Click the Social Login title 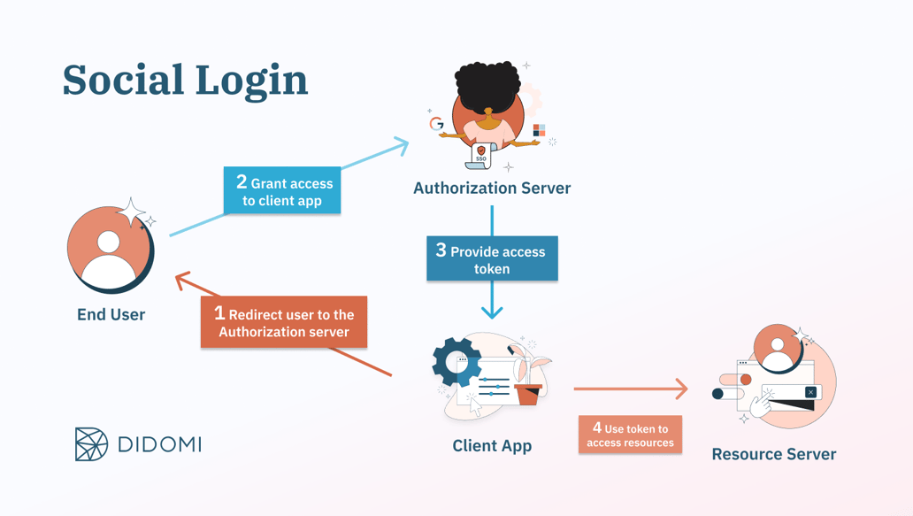(x=185, y=80)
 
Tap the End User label (x=111, y=314)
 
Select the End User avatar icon (x=110, y=249)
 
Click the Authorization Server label (x=492, y=188)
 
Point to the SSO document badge (x=480, y=156)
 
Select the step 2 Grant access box (x=282, y=191)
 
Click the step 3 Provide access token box (x=492, y=258)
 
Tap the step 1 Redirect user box (x=284, y=322)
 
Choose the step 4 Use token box (x=630, y=435)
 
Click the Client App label (x=492, y=445)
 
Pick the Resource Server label (x=773, y=454)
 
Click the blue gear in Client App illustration (x=456, y=361)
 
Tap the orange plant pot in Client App (x=528, y=394)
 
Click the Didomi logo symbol (x=91, y=444)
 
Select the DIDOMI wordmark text (x=160, y=444)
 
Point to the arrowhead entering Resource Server (x=682, y=389)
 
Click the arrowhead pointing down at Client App (x=492, y=311)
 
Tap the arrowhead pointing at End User (x=182, y=281)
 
